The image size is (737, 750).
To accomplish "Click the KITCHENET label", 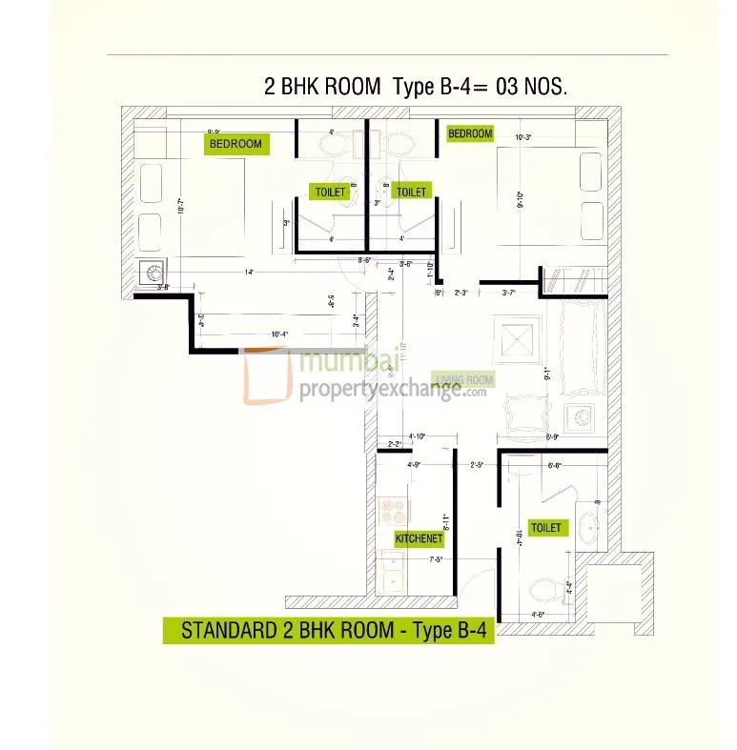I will [420, 539].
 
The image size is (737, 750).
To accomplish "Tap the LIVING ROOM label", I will [464, 379].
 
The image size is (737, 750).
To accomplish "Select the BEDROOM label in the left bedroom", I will [235, 144].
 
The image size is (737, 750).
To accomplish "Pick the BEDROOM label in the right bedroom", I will [470, 133].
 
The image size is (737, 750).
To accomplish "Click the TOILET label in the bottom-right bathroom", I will [546, 527].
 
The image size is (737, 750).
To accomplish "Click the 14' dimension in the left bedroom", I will [248, 273].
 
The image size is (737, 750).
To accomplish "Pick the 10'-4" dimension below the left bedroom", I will [280, 334].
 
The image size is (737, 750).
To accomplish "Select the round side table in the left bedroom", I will [152, 273].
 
